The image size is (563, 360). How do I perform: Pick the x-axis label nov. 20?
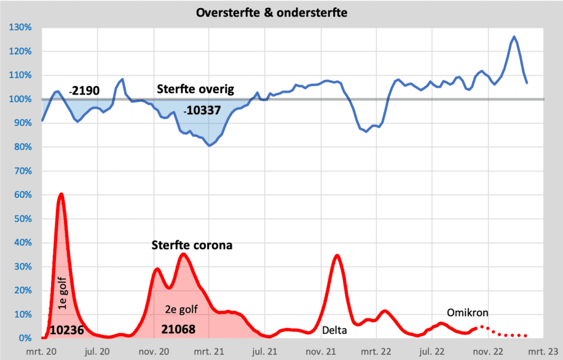[154, 351]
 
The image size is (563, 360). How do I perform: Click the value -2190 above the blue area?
[84, 90]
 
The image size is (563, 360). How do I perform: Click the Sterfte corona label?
[192, 245]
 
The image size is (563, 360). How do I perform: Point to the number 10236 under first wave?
[67, 330]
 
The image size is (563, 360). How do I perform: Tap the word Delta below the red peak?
[334, 330]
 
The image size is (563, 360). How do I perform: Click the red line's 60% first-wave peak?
[61, 194]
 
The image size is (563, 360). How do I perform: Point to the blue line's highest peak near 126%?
[514, 37]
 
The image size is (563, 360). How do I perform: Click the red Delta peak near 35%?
[338, 255]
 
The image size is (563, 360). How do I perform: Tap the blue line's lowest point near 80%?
[209, 146]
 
